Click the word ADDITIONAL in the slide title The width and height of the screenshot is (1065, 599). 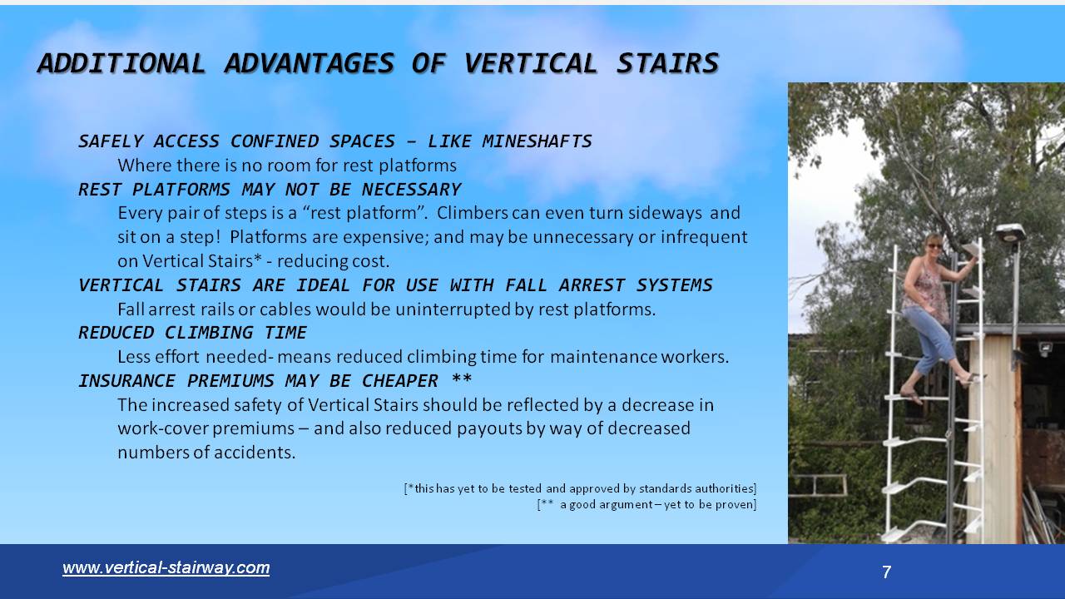click(x=121, y=63)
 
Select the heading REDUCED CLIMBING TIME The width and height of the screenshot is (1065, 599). click(x=192, y=333)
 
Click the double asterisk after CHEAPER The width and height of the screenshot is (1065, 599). click(x=461, y=381)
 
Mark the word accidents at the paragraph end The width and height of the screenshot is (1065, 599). click(x=254, y=453)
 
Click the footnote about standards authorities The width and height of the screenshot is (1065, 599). click(x=580, y=488)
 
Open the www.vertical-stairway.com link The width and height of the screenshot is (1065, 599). click(x=166, y=567)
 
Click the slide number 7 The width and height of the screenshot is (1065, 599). click(x=886, y=572)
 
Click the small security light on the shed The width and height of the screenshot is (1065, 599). click(x=1044, y=349)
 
